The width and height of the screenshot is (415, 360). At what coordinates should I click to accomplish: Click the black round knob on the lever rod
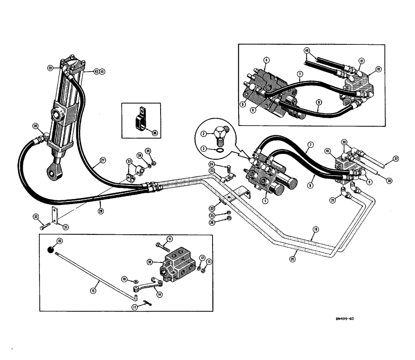coord(50,248)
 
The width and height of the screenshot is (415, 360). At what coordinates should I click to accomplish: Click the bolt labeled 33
coord(43,226)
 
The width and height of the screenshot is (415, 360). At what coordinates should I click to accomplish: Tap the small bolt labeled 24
coord(228,168)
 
